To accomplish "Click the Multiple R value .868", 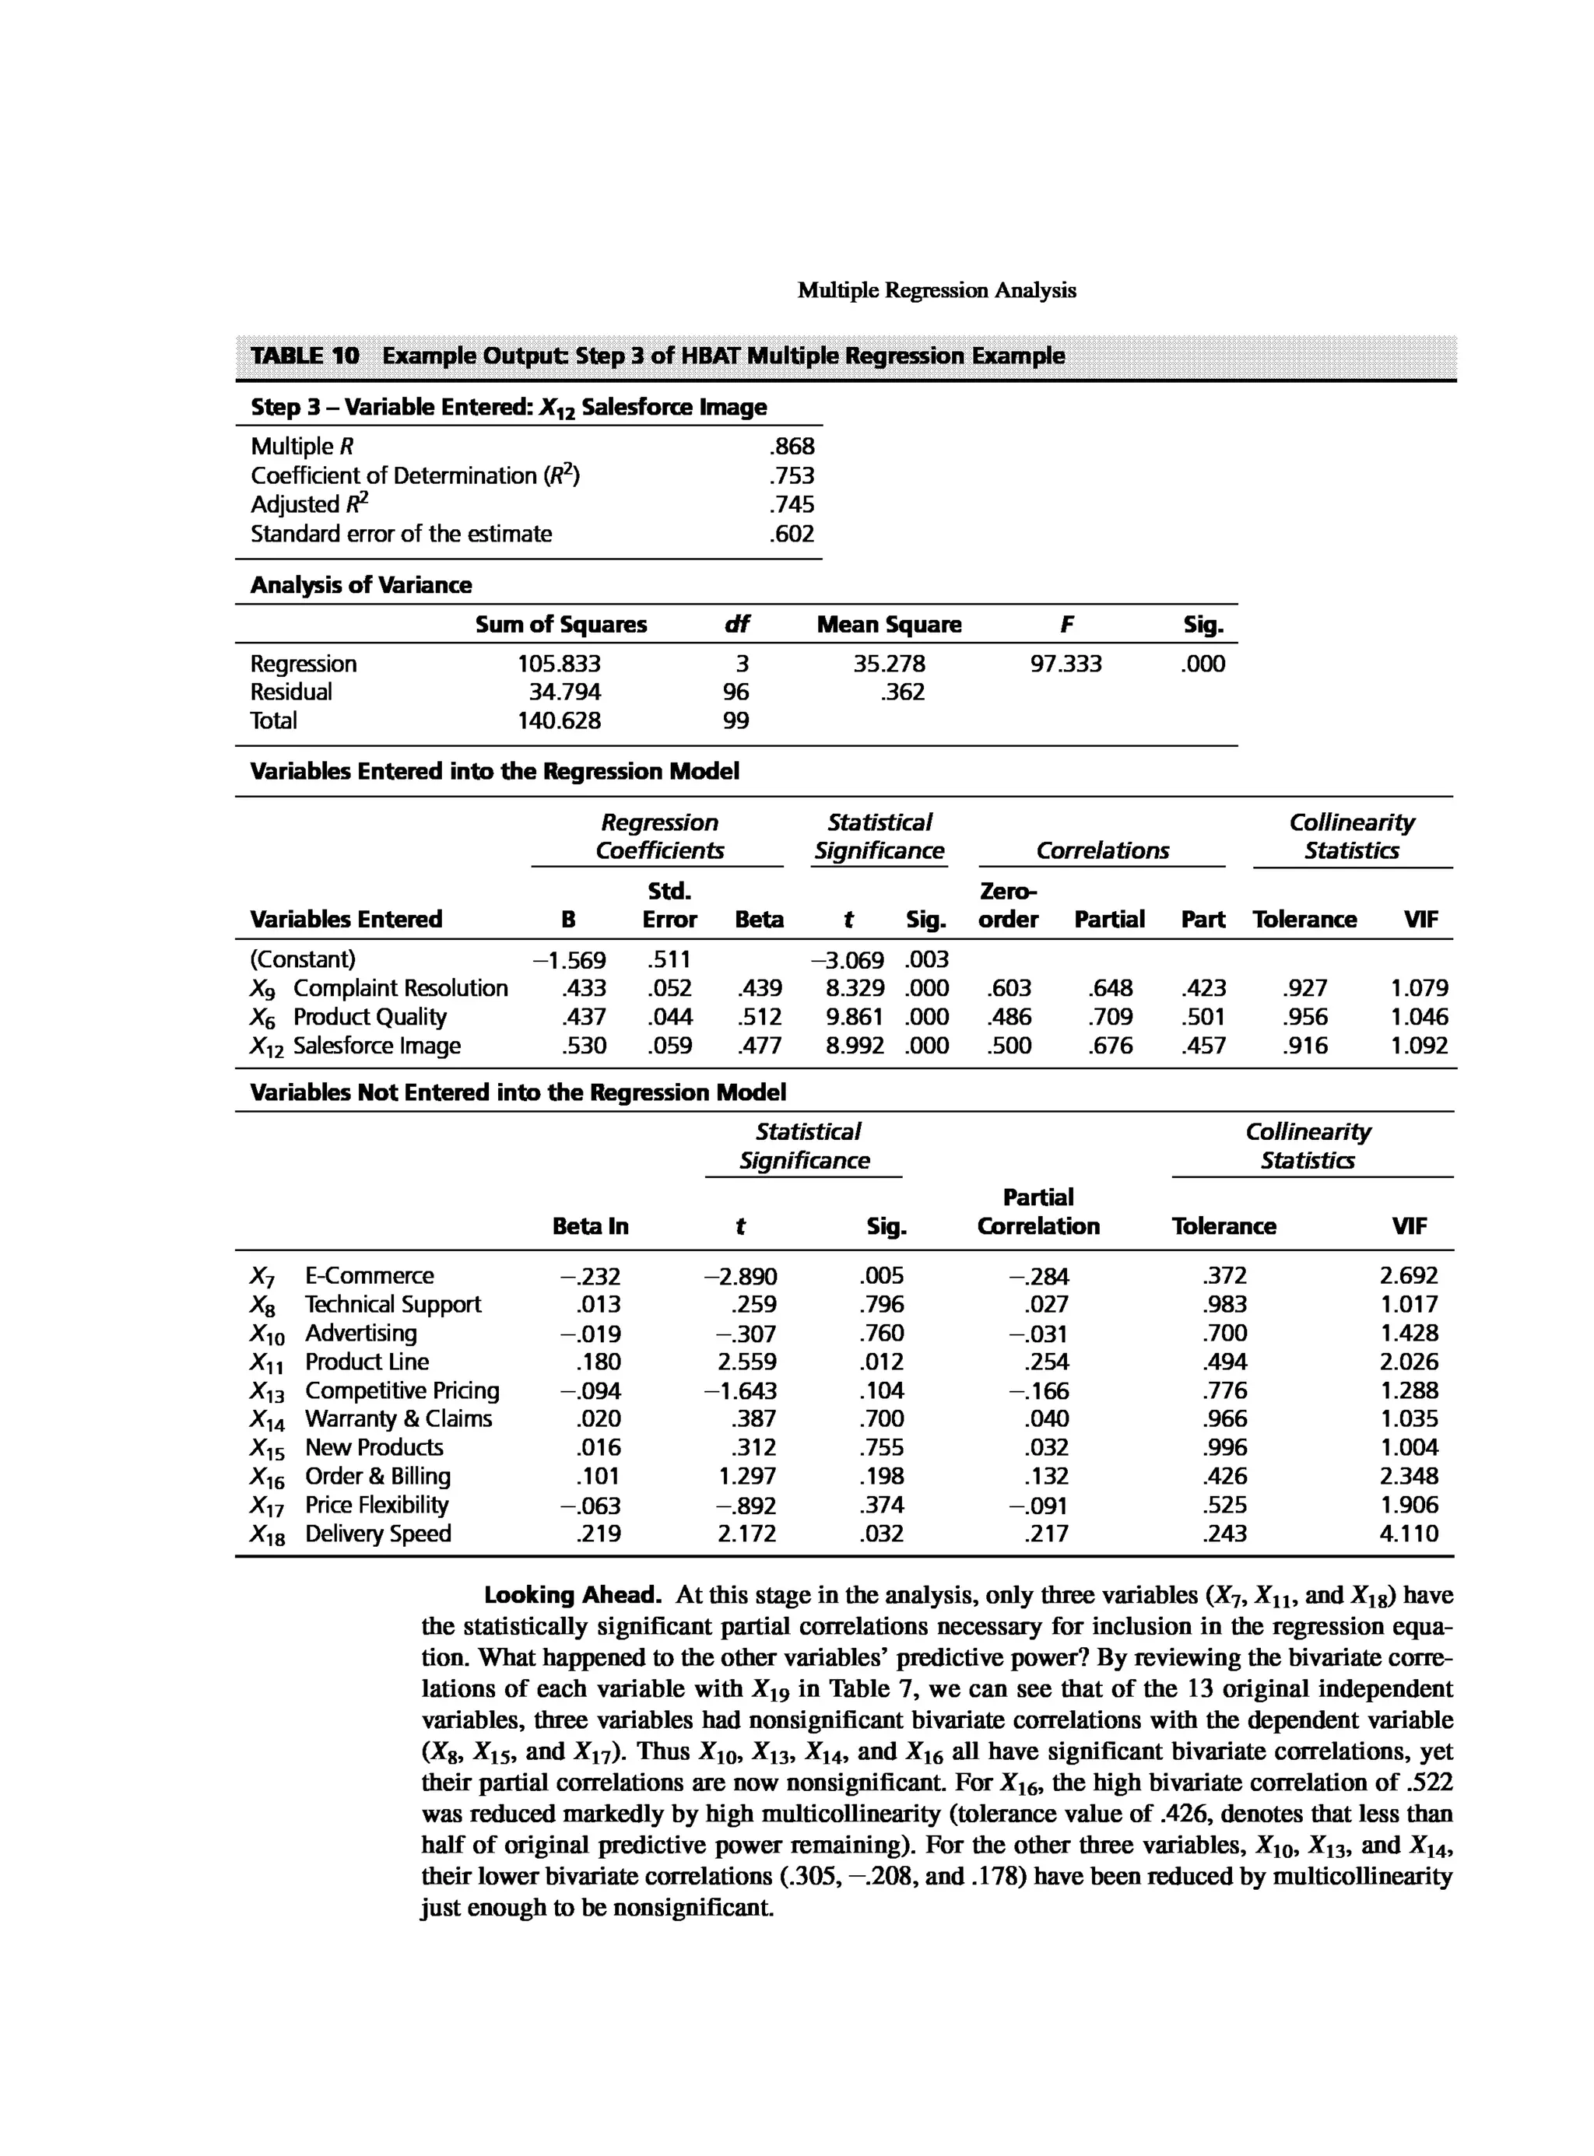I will [x=792, y=446].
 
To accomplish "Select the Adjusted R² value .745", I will [x=792, y=504].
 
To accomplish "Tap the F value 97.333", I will [x=1066, y=664].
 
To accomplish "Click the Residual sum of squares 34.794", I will [x=564, y=692].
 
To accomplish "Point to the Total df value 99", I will [x=736, y=720].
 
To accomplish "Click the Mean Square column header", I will [x=889, y=624].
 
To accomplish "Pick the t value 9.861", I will [x=855, y=1017].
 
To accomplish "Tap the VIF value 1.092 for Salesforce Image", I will [x=1418, y=1046].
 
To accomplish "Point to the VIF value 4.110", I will [x=1409, y=1534].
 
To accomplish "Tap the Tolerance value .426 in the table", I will [x=1224, y=1476].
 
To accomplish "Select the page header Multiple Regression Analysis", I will [x=936, y=290].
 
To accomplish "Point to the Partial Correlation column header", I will [x=1038, y=1211].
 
